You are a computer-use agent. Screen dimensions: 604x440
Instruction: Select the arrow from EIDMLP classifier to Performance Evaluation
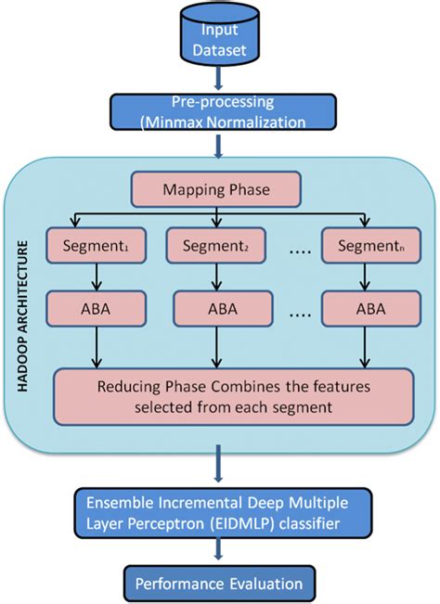coord(219,551)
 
